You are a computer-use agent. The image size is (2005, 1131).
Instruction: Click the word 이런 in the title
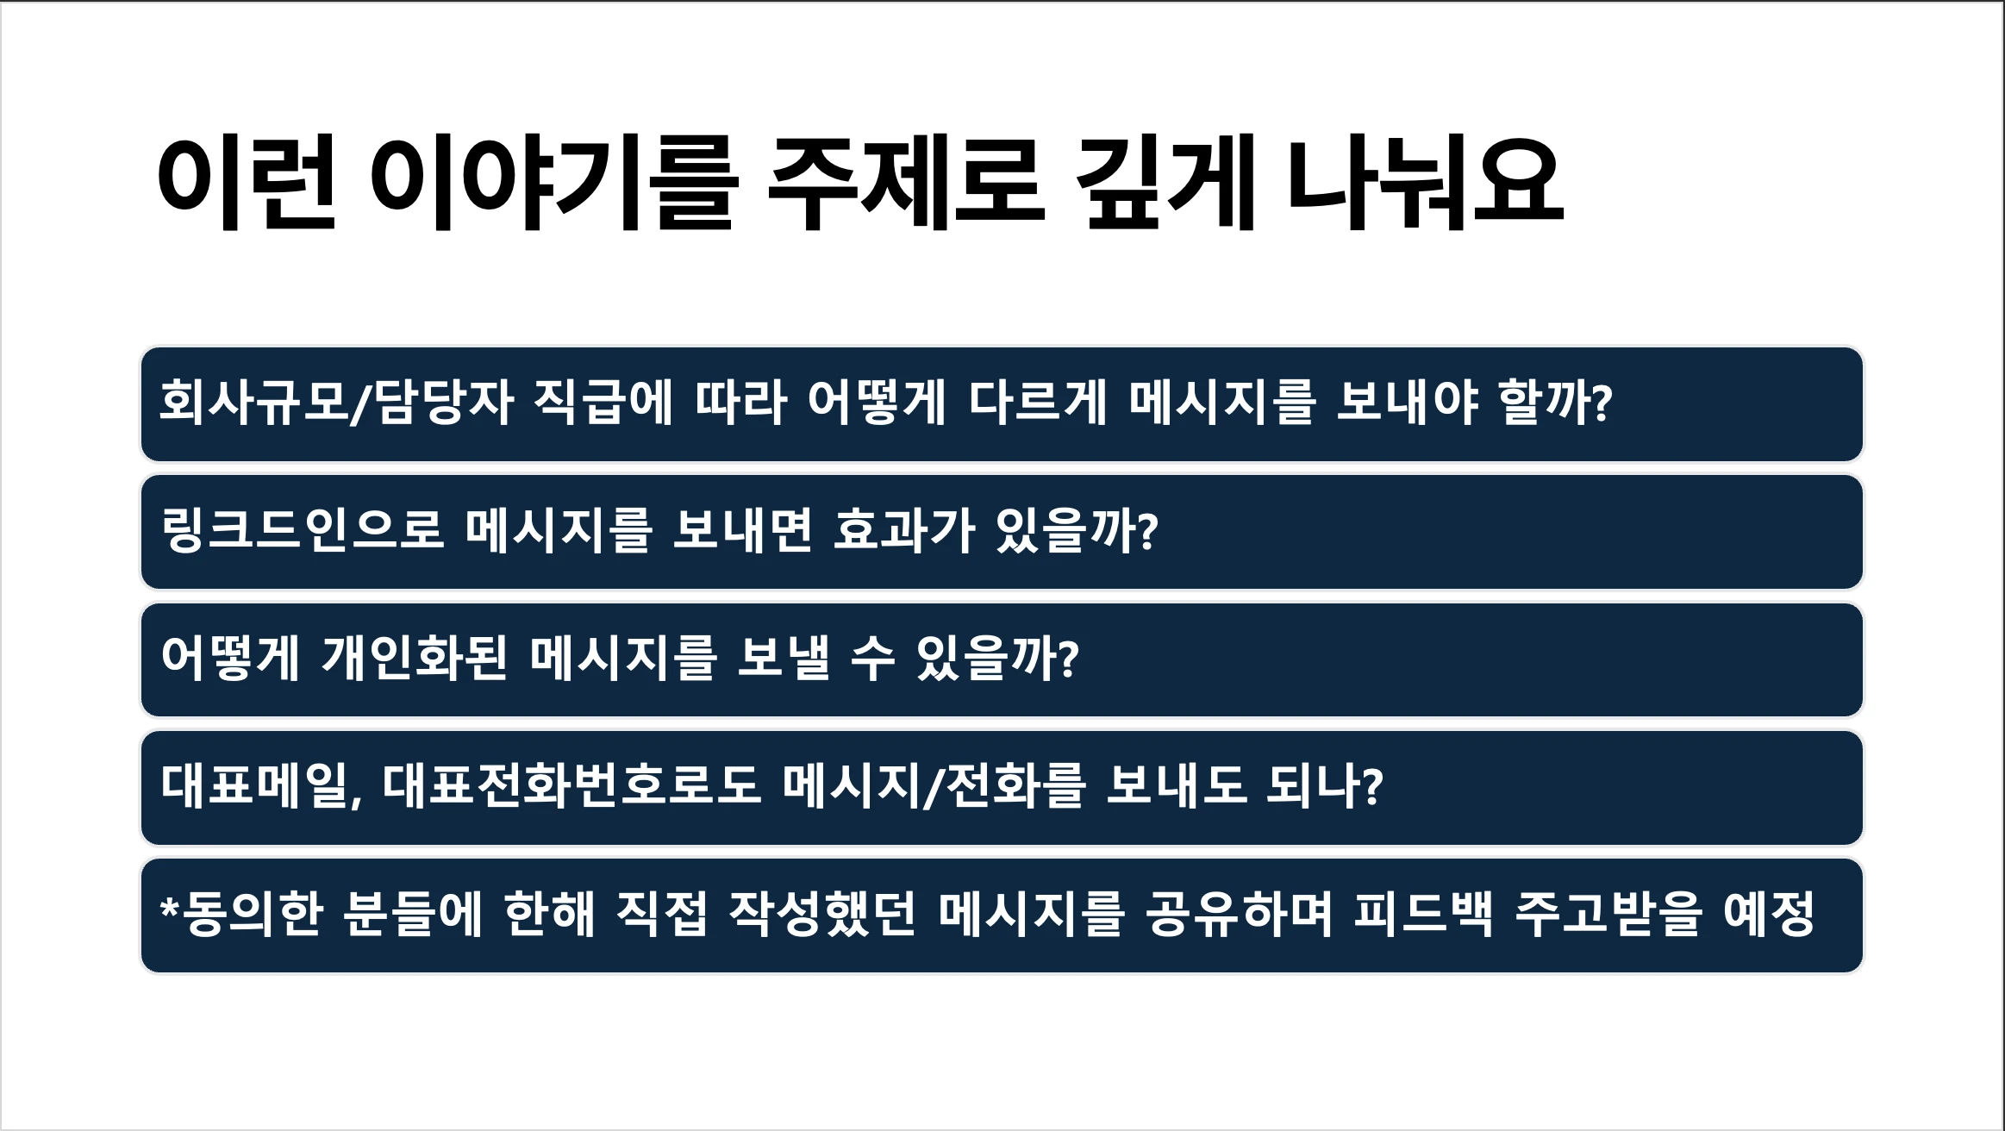point(247,182)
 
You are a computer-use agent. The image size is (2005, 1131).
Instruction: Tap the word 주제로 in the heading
point(906,182)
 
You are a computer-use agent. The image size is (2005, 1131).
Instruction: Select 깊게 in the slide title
point(1165,182)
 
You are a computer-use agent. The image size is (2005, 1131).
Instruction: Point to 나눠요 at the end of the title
point(1425,182)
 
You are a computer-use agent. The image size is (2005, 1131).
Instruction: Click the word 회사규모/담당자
point(337,402)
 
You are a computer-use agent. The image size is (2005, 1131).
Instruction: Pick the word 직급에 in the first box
point(602,402)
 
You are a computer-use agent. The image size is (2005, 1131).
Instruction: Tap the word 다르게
point(1038,402)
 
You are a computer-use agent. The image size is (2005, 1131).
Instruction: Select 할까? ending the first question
point(1556,402)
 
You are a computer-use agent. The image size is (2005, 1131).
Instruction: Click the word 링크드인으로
point(303,529)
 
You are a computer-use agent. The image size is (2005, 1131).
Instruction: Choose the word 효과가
point(904,529)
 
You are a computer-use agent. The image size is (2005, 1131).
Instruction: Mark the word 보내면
point(743,529)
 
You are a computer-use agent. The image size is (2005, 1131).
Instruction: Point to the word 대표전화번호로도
point(572,785)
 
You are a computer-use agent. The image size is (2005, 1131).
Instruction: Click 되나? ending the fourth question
point(1326,785)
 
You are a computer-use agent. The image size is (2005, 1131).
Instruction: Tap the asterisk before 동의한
point(170,907)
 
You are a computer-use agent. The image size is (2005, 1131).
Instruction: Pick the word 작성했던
point(823,913)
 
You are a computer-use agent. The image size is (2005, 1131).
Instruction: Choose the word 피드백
point(1423,913)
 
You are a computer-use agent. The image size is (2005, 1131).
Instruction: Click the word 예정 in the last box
point(1770,913)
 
